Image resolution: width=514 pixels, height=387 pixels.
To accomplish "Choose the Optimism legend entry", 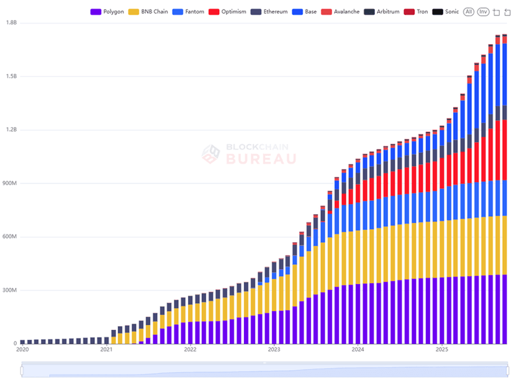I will coord(227,12).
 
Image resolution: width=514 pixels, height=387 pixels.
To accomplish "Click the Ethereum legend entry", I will coord(269,12).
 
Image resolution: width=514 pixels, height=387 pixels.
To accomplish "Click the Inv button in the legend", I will coord(484,12).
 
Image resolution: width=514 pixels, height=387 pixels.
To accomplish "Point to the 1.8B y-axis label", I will coord(11,23).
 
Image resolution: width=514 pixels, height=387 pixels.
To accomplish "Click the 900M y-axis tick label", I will coord(10,183).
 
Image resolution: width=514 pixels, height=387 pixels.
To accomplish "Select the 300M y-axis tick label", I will coord(10,290).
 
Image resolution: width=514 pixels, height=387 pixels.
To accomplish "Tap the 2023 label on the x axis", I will coord(274,350).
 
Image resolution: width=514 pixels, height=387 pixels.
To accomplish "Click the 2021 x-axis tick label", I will coord(106,350).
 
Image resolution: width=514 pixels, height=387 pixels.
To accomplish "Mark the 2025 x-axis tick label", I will coord(442,350).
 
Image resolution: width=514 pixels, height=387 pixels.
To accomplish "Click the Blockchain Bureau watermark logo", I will coord(212,154).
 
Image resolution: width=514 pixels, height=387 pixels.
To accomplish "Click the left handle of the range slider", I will coord(22,371).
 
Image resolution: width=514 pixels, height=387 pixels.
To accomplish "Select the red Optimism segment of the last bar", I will coord(505,149).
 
